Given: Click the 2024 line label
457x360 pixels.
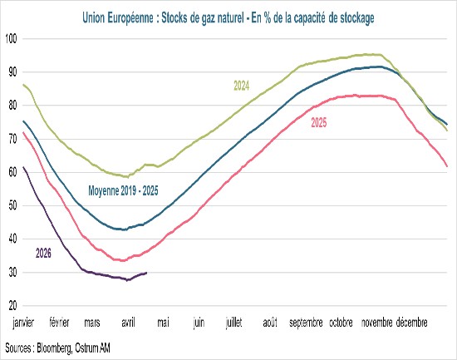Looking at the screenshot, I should pos(241,86).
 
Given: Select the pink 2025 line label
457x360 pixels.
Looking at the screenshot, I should pos(319,123).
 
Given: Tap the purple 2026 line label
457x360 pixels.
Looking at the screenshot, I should pos(44,251).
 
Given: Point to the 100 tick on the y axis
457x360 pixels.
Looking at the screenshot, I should pos(11,38).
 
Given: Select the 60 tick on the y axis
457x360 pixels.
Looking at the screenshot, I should pos(12,172).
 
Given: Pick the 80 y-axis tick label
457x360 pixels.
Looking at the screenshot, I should pos(12,106).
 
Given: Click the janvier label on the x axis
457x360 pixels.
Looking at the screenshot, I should pos(22,321).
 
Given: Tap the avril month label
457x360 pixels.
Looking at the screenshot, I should pos(128,321).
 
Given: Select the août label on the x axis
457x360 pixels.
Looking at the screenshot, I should pos(270,321).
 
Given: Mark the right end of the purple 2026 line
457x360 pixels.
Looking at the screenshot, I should pos(147,273).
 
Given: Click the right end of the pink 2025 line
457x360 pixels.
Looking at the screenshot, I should pos(448,166).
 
